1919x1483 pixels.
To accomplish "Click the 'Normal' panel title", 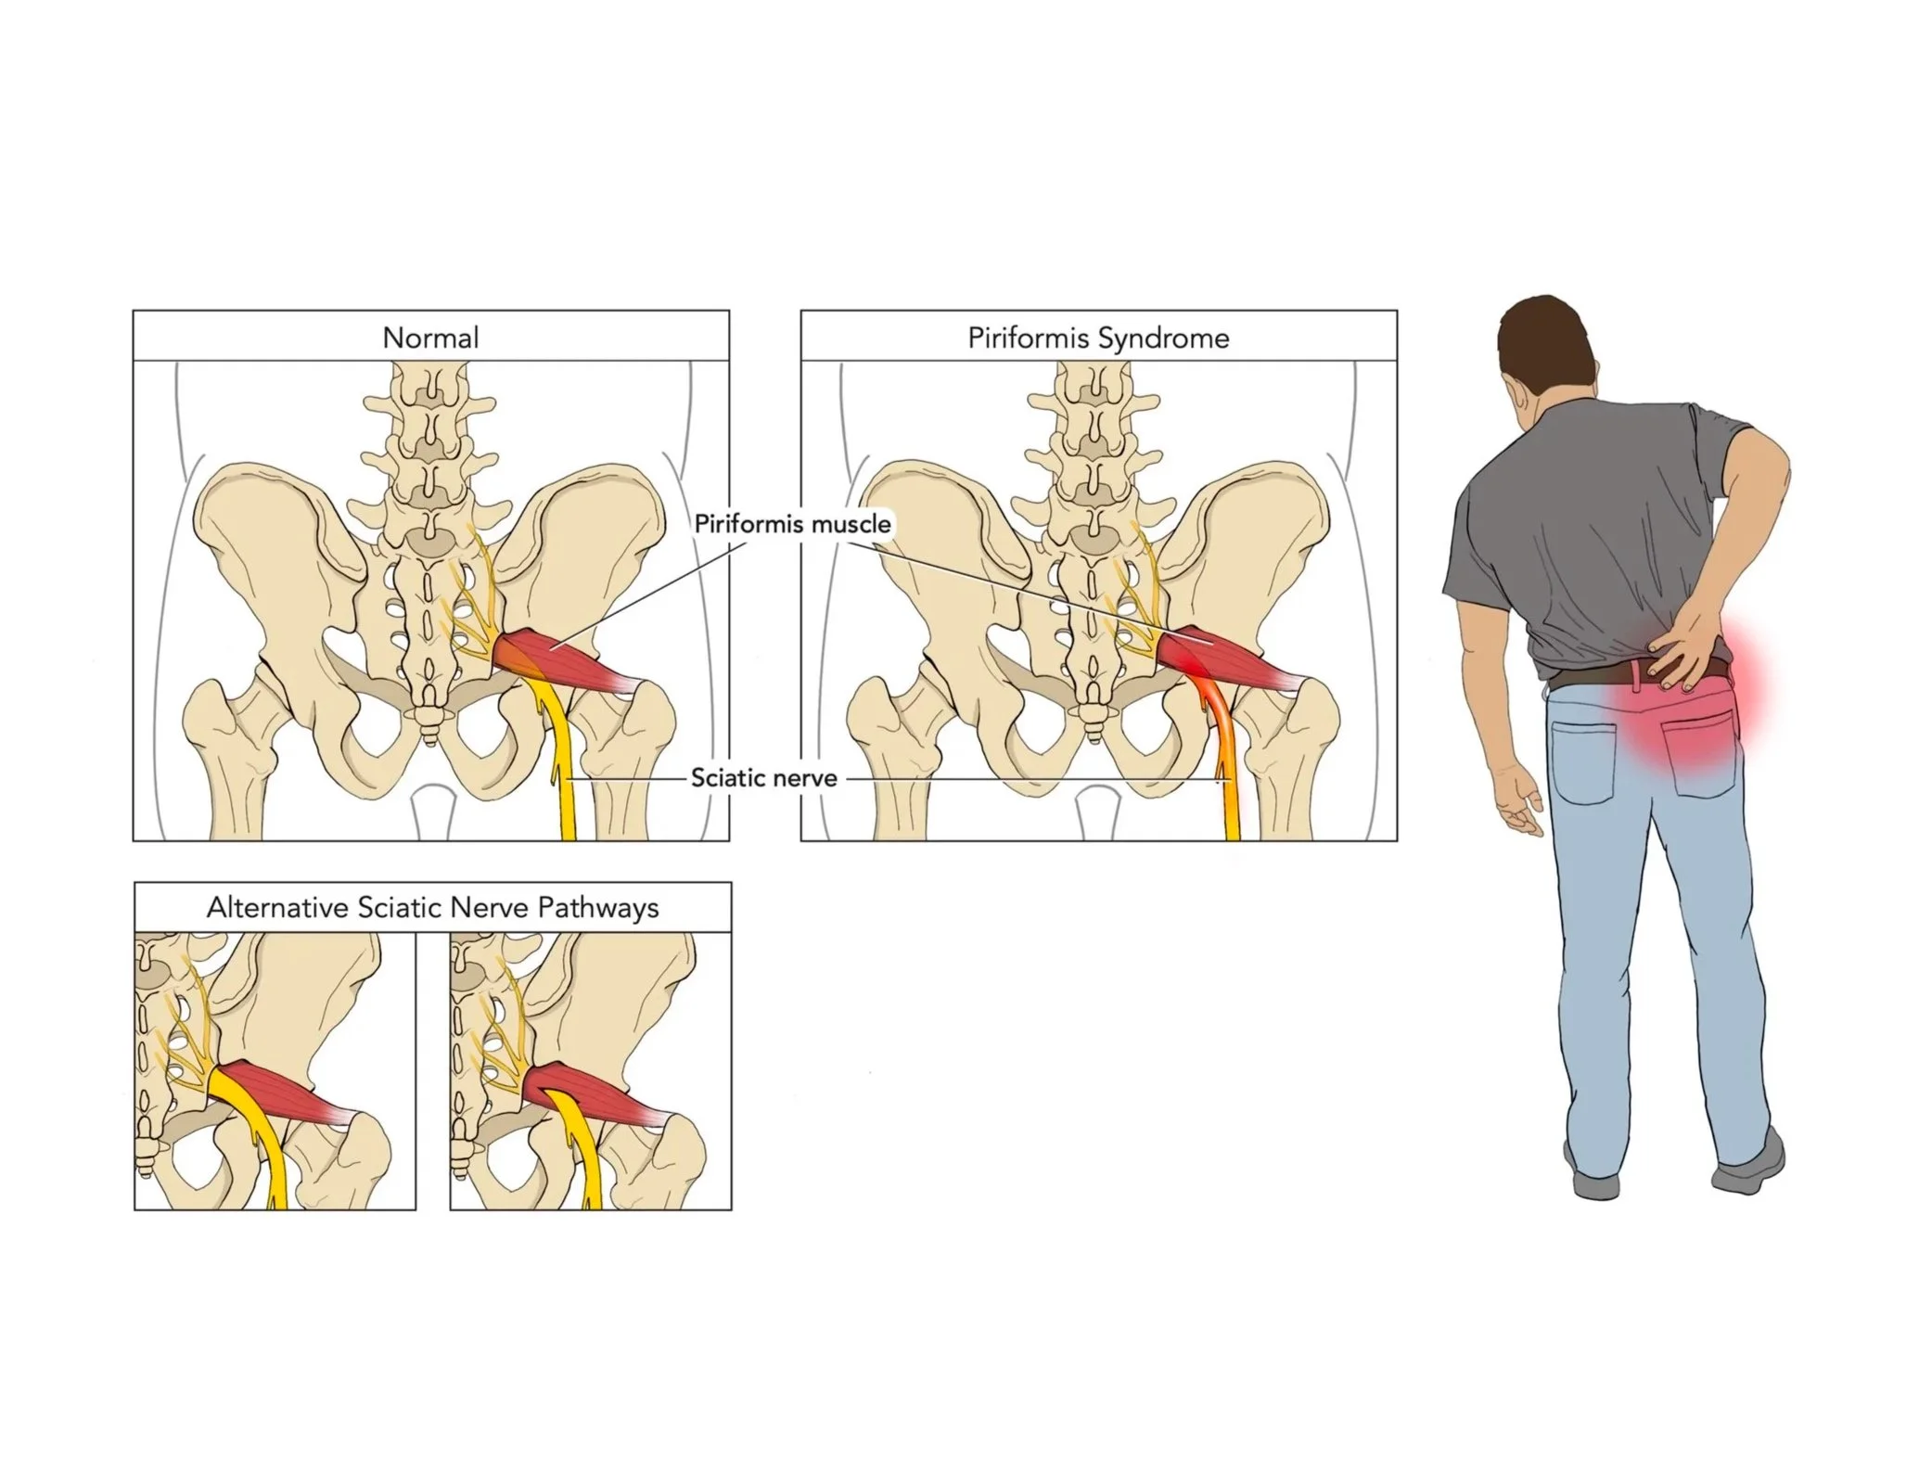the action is (430, 337).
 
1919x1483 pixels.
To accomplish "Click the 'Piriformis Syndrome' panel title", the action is (1098, 337).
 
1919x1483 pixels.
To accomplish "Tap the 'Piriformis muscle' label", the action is (792, 524).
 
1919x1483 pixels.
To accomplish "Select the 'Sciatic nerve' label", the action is (763, 778).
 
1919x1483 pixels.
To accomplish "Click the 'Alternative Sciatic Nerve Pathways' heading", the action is (432, 907).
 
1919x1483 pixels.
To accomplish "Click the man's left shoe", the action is (1595, 1183).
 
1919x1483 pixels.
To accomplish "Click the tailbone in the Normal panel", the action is (428, 719).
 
